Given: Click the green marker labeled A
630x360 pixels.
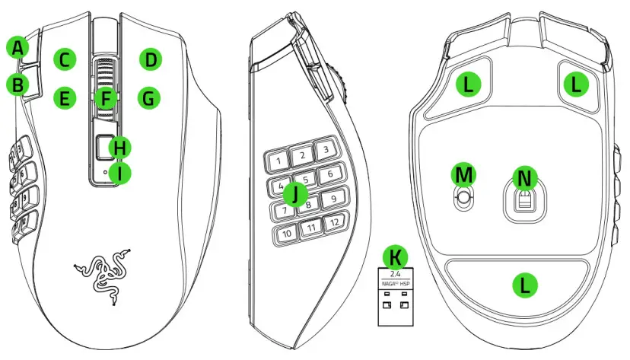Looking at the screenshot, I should coord(18,48).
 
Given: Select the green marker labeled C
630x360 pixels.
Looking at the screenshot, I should coord(65,59).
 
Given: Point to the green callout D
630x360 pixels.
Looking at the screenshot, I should coord(151,59).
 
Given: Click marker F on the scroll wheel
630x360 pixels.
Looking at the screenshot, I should coord(107,98).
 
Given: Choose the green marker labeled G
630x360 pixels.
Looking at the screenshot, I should coord(149,98).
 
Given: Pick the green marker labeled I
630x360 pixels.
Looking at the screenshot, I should coord(119,174).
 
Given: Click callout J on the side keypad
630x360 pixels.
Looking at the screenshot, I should coord(294,194).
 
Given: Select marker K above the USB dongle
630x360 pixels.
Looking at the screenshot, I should coord(396,256).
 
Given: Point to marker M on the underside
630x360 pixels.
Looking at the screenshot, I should coord(463,174).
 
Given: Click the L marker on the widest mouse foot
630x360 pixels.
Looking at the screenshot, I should coord(524,285).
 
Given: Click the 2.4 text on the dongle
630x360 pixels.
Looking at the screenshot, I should coord(394,272).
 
